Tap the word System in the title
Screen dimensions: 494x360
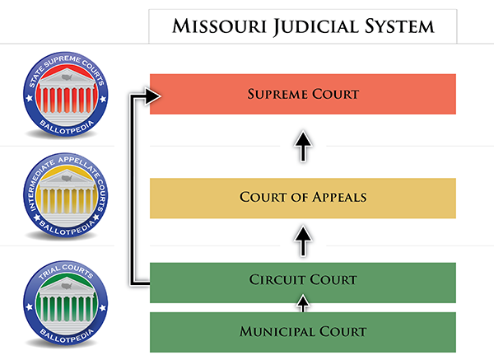pos(399,26)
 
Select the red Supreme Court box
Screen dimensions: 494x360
pos(303,94)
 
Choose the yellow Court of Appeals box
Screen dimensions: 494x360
pos(303,199)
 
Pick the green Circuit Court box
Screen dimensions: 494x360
pos(303,283)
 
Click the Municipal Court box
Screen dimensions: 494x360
pos(303,332)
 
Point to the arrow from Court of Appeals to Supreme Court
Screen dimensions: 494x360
pos(303,146)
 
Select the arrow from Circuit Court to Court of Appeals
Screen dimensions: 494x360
pos(303,241)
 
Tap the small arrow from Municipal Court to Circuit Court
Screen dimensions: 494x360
pos(303,303)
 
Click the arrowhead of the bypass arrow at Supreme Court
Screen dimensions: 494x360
pos(153,96)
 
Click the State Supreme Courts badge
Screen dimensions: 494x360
pos(66,95)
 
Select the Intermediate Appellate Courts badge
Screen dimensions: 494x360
pos(66,195)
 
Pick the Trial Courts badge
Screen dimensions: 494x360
pos(66,303)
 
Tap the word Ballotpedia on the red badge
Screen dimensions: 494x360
pos(67,128)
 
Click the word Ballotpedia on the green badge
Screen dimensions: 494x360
pos(67,336)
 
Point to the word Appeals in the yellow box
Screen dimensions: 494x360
pos(339,198)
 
